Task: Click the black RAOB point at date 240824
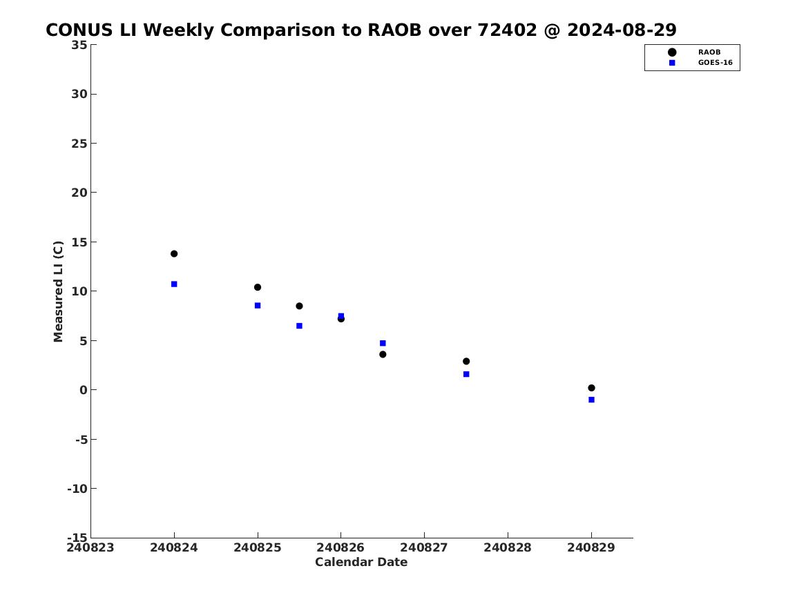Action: [174, 254]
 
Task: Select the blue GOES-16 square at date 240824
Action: [174, 284]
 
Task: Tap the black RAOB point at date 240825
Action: [258, 287]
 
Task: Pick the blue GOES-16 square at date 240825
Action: [258, 306]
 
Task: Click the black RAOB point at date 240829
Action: [592, 388]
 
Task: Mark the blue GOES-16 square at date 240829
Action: [592, 400]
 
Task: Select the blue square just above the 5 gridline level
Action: [383, 343]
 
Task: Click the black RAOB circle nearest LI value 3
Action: [466, 361]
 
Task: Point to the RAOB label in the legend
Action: [709, 52]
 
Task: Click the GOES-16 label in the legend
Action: [715, 63]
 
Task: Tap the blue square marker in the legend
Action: [672, 63]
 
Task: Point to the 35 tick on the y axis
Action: [79, 45]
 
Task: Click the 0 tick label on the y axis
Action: [84, 390]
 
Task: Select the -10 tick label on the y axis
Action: [77, 489]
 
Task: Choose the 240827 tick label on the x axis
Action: [424, 547]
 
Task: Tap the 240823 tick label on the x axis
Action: [90, 547]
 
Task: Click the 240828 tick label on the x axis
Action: [508, 547]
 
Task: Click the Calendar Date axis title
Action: [361, 562]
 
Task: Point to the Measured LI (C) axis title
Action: [58, 291]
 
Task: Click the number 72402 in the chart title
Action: [508, 30]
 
